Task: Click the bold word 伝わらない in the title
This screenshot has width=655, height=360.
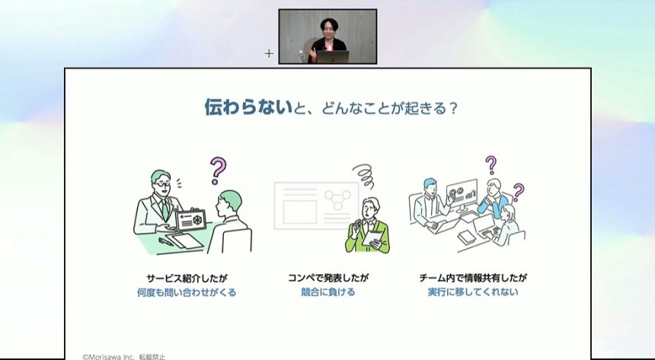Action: (248, 107)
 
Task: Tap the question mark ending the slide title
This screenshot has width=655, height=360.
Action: (453, 109)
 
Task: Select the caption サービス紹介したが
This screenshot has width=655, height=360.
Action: (187, 278)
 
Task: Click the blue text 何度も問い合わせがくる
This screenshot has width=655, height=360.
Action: (187, 292)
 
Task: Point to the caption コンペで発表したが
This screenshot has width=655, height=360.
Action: (328, 278)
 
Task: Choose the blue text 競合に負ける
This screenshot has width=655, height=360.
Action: (328, 292)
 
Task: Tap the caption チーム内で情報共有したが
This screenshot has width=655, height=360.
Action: (473, 278)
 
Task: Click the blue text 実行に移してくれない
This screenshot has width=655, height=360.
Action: (473, 292)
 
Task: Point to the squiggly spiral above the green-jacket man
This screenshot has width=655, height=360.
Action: (364, 175)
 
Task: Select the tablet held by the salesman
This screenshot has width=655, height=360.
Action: (191, 221)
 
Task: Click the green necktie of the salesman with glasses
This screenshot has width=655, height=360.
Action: (165, 209)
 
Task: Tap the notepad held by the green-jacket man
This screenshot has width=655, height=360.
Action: (372, 238)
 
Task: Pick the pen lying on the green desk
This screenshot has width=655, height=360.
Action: (166, 242)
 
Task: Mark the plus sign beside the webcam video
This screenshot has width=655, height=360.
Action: (269, 53)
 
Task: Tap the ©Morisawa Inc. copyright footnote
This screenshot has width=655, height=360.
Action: (123, 357)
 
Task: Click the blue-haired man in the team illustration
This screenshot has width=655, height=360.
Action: (430, 204)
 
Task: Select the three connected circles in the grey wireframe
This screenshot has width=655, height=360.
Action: (338, 199)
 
